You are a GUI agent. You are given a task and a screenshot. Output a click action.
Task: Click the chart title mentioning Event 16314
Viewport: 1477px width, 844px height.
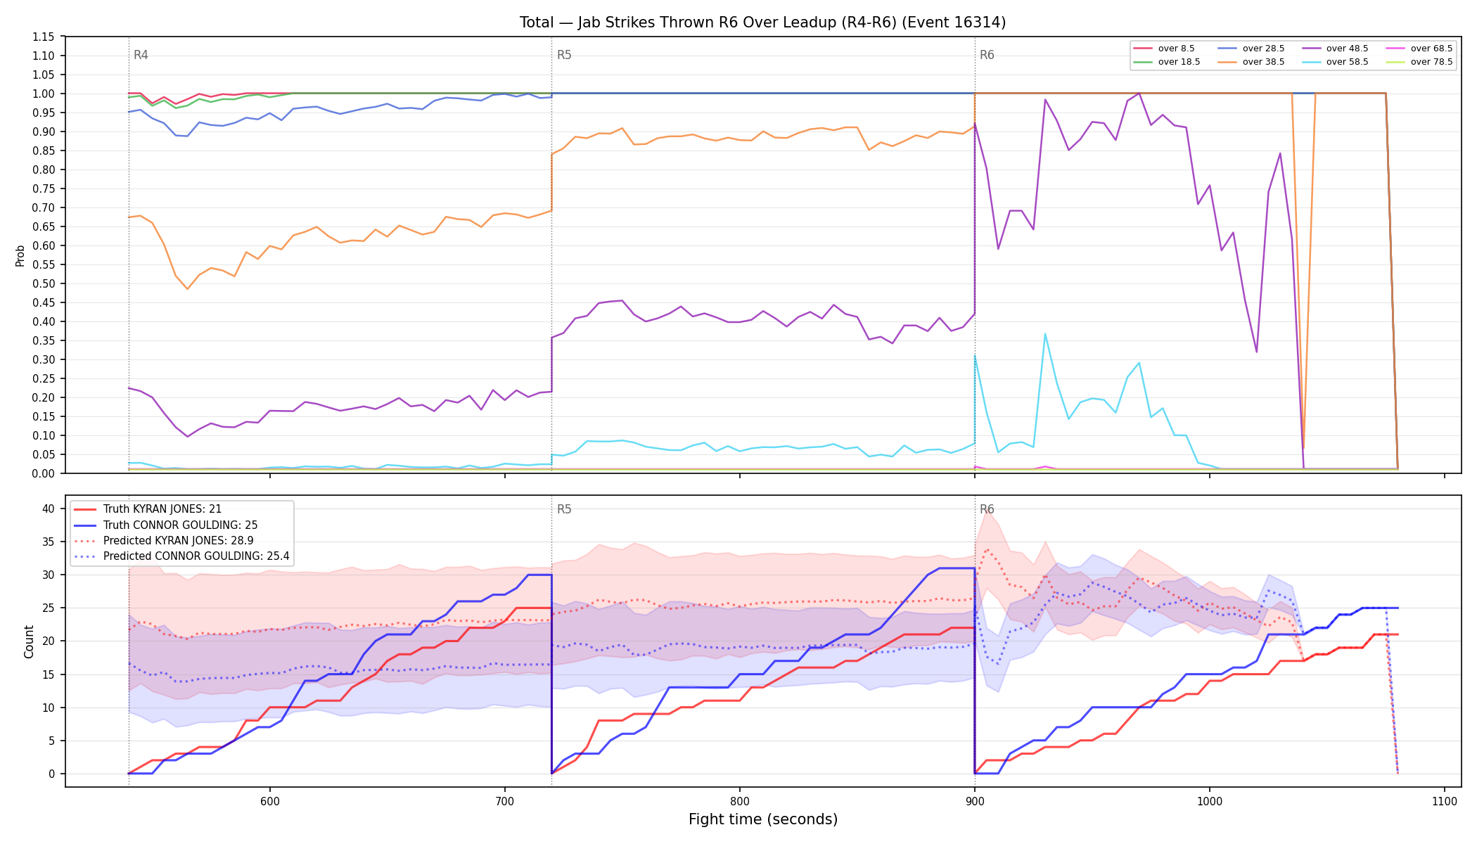pos(762,23)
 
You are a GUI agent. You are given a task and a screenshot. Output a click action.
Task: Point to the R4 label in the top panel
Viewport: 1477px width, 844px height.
pos(141,55)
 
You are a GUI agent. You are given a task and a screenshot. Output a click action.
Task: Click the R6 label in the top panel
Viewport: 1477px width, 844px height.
pos(987,55)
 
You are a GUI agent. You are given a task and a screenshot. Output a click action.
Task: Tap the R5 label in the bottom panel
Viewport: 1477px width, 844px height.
pos(564,509)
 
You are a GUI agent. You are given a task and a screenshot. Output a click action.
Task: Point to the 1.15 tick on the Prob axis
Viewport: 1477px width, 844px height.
pos(44,37)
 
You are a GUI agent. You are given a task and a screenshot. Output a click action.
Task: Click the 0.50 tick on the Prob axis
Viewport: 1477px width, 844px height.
pos(44,283)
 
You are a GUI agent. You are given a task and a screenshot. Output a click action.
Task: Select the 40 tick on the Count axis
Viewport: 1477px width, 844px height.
pos(49,509)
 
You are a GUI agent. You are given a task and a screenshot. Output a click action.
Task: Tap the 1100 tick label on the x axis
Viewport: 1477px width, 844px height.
pos(1445,801)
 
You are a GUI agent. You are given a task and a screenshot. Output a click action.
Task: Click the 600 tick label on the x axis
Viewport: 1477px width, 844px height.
pos(270,801)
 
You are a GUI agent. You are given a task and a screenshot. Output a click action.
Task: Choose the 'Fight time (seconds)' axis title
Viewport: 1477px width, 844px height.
pos(763,819)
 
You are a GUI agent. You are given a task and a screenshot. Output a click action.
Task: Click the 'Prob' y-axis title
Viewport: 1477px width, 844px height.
pos(20,255)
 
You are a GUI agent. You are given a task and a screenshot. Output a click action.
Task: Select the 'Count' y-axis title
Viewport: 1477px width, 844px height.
pos(29,641)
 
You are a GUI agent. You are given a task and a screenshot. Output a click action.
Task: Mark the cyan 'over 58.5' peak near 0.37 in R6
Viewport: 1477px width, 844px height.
pos(1045,333)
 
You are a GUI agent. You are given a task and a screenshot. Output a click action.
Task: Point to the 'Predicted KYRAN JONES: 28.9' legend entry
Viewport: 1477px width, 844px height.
pos(179,541)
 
